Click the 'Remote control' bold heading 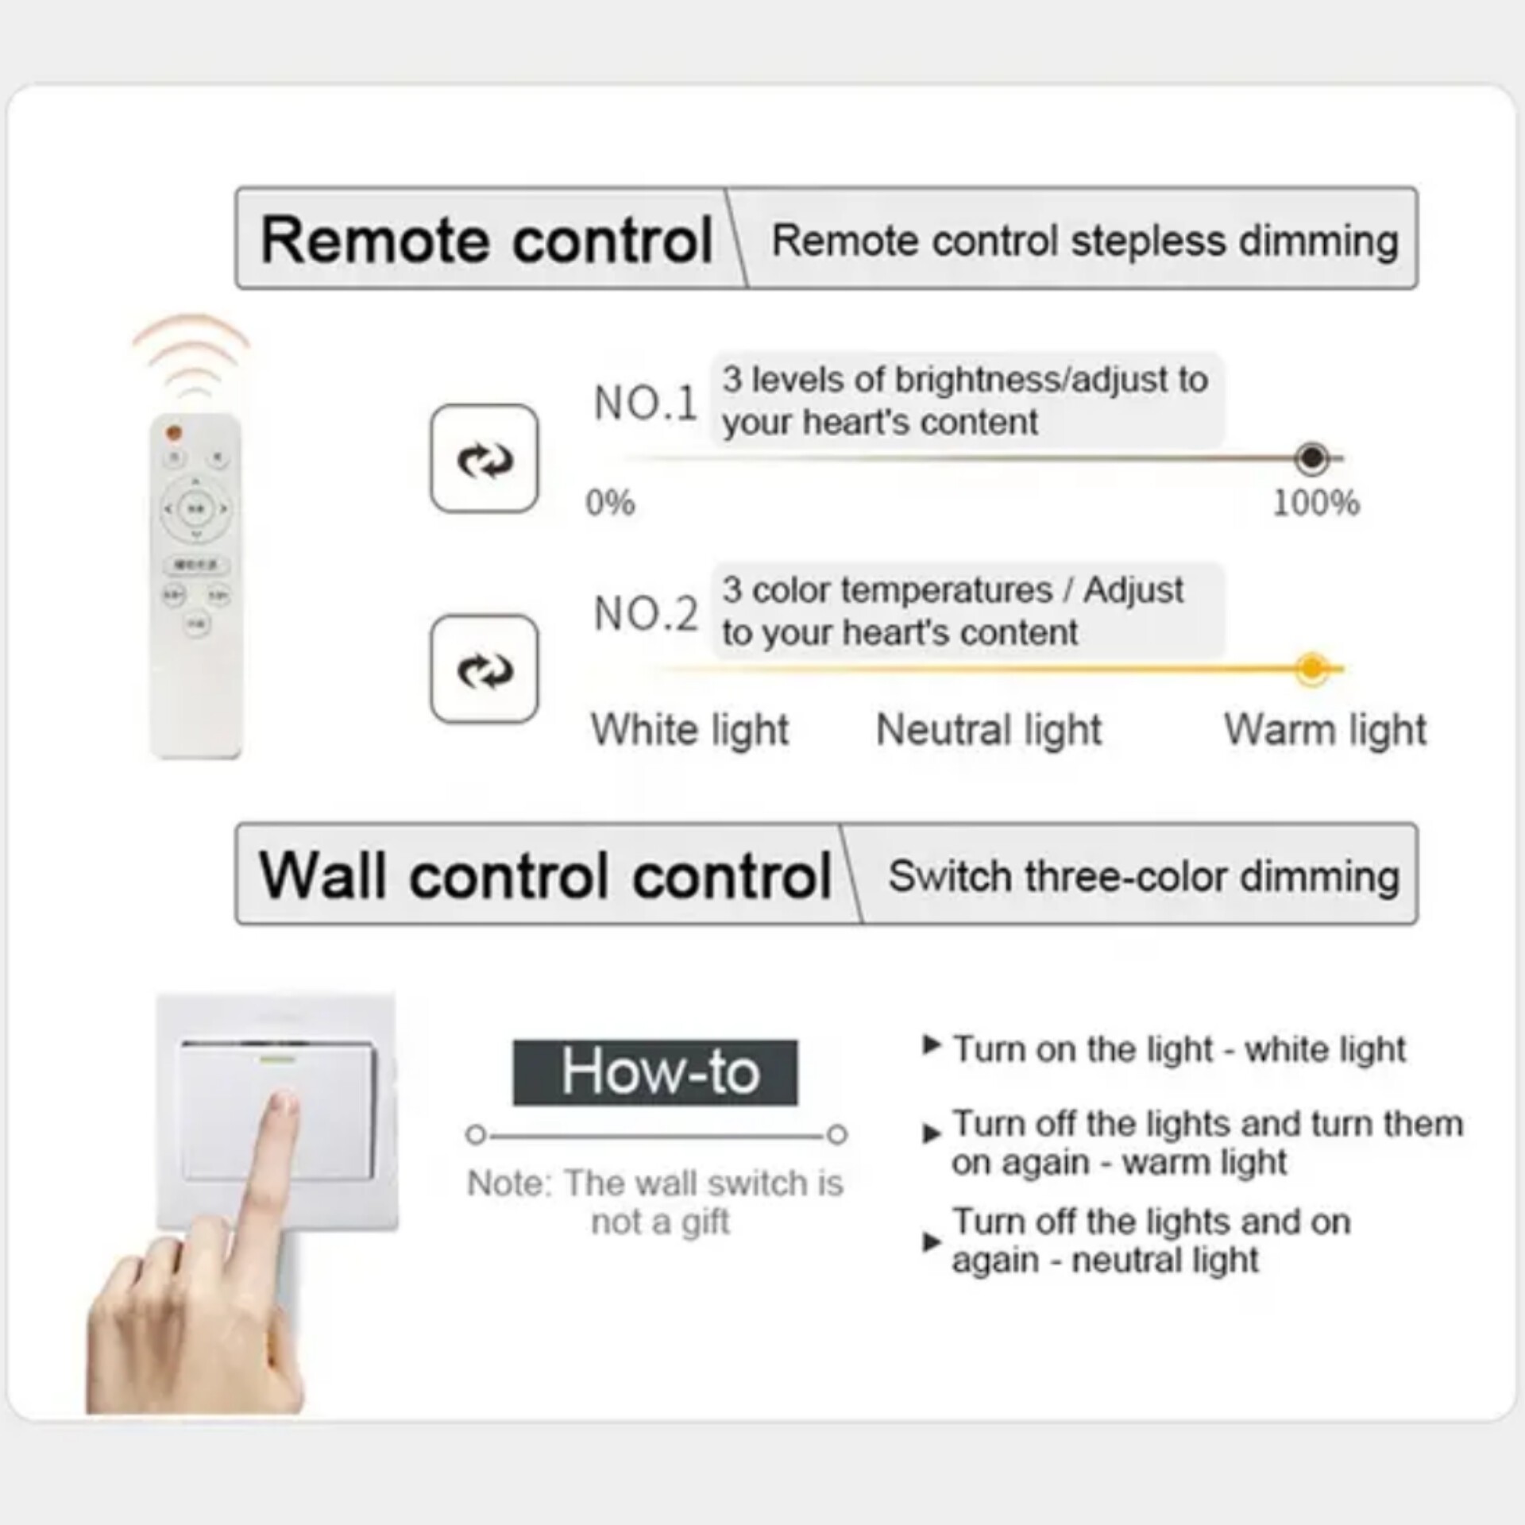(486, 240)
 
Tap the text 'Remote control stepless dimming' (1085, 241)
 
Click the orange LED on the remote (174, 433)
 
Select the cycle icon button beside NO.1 (484, 458)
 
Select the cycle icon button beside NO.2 (484, 669)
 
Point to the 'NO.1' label (646, 403)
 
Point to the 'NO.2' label (646, 613)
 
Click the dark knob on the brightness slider (1311, 458)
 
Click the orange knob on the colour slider (1311, 669)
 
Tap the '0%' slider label (610, 503)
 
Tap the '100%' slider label (1316, 503)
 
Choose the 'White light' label (690, 730)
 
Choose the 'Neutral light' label (989, 730)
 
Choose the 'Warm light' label (1325, 730)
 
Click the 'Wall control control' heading (545, 875)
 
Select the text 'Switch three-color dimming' (1144, 877)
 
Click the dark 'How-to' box (655, 1072)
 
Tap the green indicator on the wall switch (277, 1059)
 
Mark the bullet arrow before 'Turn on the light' (931, 1044)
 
